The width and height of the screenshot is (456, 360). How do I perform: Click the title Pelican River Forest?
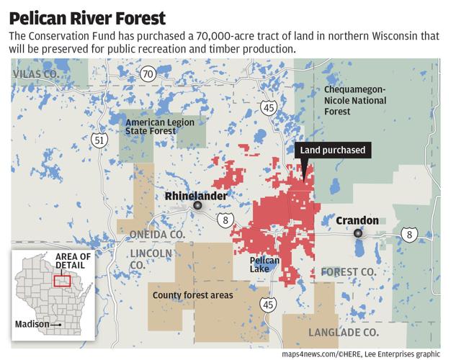[87, 17]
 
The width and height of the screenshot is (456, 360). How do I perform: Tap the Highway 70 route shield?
[148, 73]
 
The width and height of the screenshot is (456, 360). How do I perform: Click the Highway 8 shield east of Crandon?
[410, 234]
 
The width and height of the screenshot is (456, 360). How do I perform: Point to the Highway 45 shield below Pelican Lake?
[269, 305]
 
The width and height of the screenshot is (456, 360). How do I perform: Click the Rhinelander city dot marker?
[197, 206]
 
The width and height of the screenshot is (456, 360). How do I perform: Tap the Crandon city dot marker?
[357, 233]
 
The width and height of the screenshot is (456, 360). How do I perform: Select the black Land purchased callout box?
[333, 150]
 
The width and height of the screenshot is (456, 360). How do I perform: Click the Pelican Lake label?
[260, 265]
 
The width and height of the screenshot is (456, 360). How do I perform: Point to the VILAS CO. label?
[35, 74]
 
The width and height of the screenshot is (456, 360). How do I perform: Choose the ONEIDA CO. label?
[156, 235]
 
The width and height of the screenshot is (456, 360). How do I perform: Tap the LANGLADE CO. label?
[343, 332]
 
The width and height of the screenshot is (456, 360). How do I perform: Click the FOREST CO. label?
[349, 271]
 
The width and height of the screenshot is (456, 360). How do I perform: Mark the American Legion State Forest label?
[160, 127]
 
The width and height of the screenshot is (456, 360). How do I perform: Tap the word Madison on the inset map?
[32, 325]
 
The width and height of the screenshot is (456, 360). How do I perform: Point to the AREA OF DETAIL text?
[73, 261]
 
